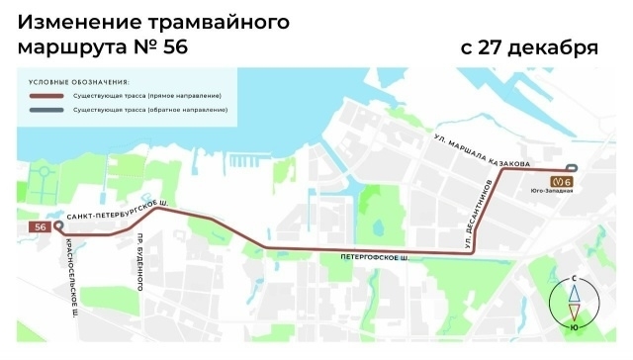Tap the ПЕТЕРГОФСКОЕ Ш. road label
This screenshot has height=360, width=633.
(x=375, y=258)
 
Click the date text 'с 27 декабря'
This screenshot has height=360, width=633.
(x=528, y=46)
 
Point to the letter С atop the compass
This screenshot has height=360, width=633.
(x=574, y=280)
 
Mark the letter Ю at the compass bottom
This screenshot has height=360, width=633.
(x=574, y=326)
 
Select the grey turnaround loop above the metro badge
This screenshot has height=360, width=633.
(x=571, y=168)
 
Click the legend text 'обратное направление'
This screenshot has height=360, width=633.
(x=195, y=110)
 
